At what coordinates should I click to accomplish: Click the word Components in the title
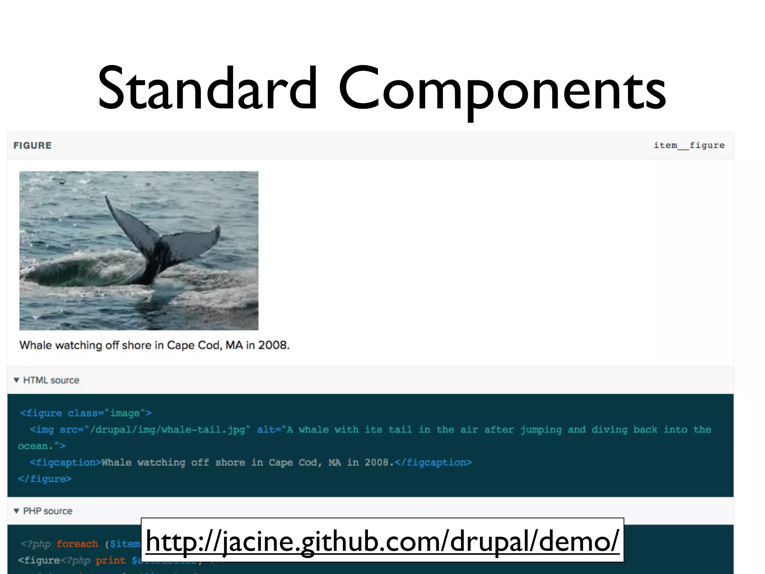click(502, 90)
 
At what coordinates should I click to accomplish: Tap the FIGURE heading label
click(32, 145)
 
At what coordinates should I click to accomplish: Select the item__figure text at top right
click(689, 145)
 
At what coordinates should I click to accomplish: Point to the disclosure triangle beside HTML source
click(16, 380)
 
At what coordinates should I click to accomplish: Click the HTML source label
click(51, 380)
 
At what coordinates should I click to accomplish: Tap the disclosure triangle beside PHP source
click(16, 511)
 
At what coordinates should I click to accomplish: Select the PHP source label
click(48, 511)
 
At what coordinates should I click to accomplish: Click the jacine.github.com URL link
click(382, 541)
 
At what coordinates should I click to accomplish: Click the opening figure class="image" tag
click(86, 413)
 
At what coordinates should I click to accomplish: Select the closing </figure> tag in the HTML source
click(44, 479)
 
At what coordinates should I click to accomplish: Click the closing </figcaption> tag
click(433, 462)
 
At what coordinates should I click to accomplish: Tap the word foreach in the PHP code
click(77, 544)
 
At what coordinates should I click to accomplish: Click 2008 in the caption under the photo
click(273, 345)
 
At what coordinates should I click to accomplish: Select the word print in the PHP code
click(110, 560)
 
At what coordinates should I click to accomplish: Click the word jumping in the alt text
click(541, 429)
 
